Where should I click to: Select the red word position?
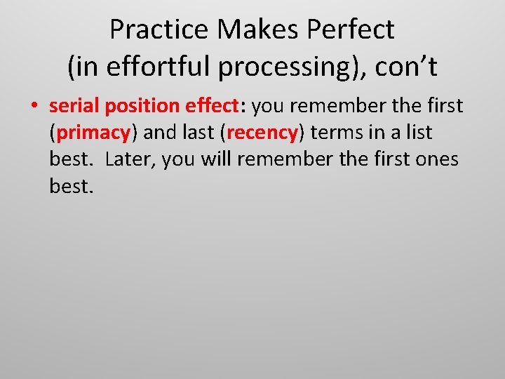142,106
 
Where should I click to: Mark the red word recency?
263,133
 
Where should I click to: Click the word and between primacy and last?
160,133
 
